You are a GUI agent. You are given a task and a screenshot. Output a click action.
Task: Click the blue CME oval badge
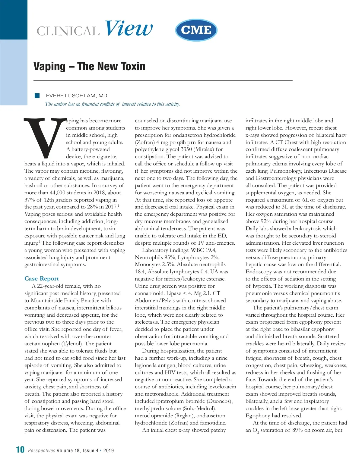[196, 30]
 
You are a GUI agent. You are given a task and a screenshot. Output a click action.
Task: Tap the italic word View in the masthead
[129, 28]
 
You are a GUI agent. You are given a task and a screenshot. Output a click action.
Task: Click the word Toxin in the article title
[133, 67]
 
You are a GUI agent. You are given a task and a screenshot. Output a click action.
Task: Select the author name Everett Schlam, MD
[77, 96]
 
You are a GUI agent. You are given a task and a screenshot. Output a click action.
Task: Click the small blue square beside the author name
[37, 96]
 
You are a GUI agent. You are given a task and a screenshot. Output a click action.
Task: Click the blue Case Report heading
[42, 279]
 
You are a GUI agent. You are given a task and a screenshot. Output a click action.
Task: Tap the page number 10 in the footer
[20, 450]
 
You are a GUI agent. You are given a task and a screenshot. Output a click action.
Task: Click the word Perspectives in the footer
[42, 451]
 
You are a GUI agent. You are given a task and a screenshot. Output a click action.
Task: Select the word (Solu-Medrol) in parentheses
[199, 408]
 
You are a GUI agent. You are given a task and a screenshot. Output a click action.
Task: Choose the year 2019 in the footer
[109, 451]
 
